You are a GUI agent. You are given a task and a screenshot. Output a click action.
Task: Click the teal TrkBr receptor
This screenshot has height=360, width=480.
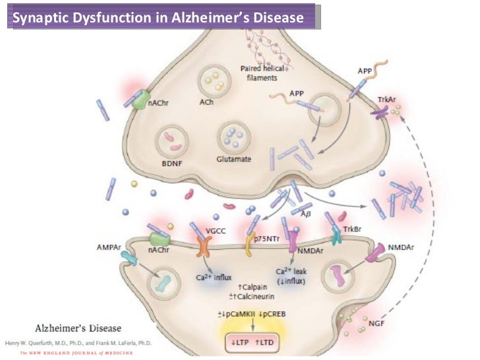click(x=337, y=237)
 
